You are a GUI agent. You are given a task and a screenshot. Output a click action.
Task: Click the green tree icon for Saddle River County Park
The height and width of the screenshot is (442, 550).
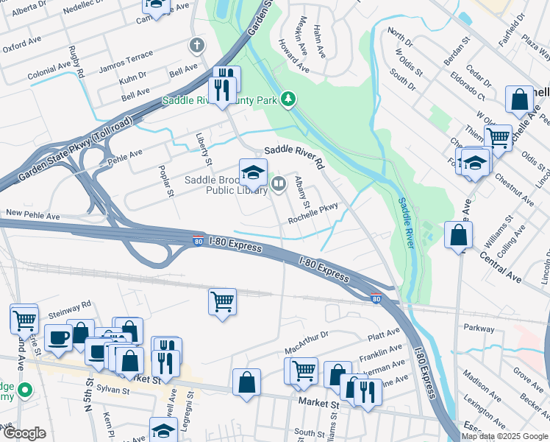pos(289,99)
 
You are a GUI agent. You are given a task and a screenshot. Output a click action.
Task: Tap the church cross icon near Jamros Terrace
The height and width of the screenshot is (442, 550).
pos(196,46)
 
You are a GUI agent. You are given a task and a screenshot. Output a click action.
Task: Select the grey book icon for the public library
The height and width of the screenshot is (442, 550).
pos(278,184)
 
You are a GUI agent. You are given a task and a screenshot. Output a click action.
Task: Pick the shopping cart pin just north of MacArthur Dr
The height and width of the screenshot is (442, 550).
pos(222,301)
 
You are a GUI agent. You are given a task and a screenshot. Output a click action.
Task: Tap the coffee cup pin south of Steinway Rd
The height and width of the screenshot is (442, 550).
pos(58,337)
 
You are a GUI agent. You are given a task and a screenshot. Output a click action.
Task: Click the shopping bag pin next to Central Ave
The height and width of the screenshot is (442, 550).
pos(458,236)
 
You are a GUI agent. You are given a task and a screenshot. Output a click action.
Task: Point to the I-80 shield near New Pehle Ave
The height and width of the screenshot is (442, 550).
pos(198,240)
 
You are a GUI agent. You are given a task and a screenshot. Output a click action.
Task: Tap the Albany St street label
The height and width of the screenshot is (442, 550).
pos(301,191)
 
